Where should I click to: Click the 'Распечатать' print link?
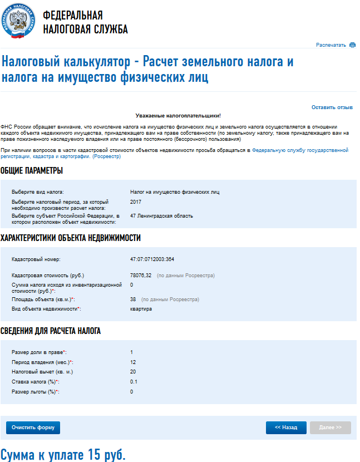pos(331,45)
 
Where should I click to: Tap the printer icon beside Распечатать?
pos(352,45)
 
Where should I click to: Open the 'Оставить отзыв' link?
pos(332,107)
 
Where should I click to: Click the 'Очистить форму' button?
pos(33,427)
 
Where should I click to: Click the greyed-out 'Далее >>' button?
pos(331,427)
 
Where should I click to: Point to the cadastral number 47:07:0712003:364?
pos(152,259)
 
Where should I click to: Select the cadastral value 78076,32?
pos(141,275)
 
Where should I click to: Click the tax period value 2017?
pos(136,201)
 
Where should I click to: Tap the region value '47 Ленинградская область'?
pos(161,215)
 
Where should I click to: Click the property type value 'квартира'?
pos(141,308)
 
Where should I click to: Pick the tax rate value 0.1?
pos(134,382)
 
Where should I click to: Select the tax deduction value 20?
pos(133,372)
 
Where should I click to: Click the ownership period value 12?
pos(133,362)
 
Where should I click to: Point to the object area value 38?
pos(133,299)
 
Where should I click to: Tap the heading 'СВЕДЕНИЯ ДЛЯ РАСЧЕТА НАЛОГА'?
pos(51,331)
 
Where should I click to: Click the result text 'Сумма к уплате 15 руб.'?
pos(63,454)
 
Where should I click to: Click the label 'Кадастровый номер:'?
pos(35,259)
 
